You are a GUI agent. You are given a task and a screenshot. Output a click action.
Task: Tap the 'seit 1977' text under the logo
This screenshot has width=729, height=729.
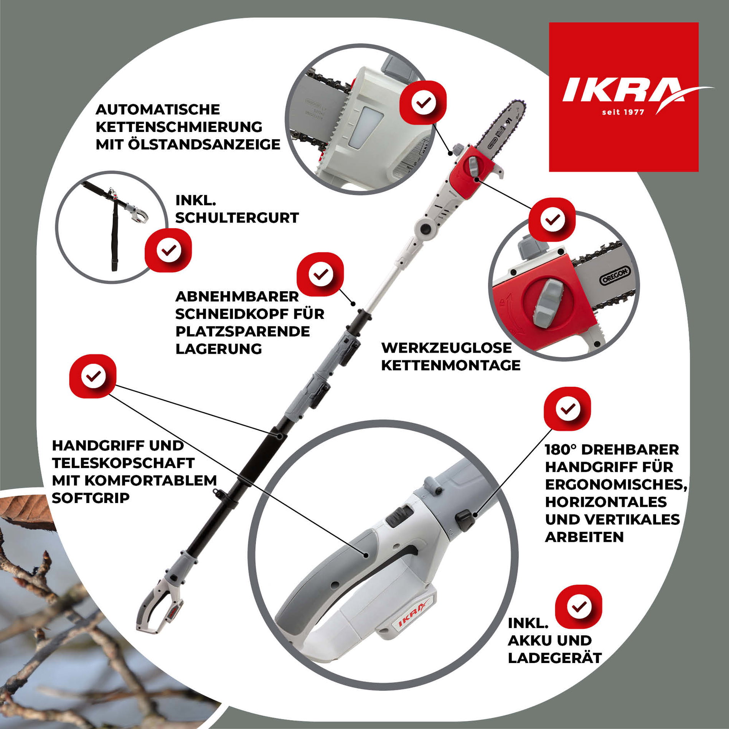pos(623,112)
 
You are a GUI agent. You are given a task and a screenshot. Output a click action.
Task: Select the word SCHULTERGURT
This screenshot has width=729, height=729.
pos(237,218)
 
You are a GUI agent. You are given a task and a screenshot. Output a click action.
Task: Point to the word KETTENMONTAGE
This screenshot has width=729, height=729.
pos(450,365)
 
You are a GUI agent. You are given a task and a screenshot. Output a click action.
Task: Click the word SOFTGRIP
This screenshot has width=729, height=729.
pos(91,498)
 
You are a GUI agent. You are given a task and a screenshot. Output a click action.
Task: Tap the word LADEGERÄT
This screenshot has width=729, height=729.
pos(554,658)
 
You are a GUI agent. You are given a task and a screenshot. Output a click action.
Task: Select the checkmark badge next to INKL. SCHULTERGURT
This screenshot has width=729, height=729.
pos(168,250)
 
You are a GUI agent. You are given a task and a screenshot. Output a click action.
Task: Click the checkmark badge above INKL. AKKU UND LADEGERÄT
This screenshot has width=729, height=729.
pos(579,607)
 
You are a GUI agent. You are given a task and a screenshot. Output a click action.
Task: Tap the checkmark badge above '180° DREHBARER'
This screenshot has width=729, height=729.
pos(567,409)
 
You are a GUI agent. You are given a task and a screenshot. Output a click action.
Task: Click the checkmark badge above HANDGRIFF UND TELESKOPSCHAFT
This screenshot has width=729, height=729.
pos(93,376)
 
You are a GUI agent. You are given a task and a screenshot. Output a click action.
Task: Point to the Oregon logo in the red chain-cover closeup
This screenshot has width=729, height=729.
pos(615,275)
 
